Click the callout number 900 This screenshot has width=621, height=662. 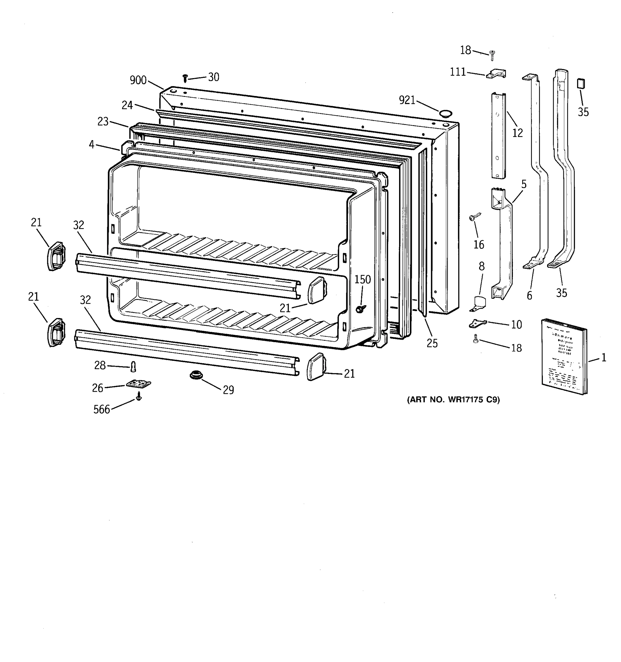[138, 80]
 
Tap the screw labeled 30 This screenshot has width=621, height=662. [185, 78]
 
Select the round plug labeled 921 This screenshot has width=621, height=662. [445, 114]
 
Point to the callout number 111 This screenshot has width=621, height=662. [458, 72]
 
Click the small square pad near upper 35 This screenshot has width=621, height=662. [581, 83]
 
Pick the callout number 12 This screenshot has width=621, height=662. [517, 133]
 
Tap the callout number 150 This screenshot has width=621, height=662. [362, 279]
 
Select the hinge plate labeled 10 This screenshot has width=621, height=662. [477, 323]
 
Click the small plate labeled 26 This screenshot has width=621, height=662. [138, 384]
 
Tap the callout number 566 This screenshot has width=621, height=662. [102, 409]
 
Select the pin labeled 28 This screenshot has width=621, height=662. [134, 367]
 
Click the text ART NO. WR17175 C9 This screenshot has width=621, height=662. [453, 400]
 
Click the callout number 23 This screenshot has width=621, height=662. [103, 122]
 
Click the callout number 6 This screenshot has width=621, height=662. [529, 295]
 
